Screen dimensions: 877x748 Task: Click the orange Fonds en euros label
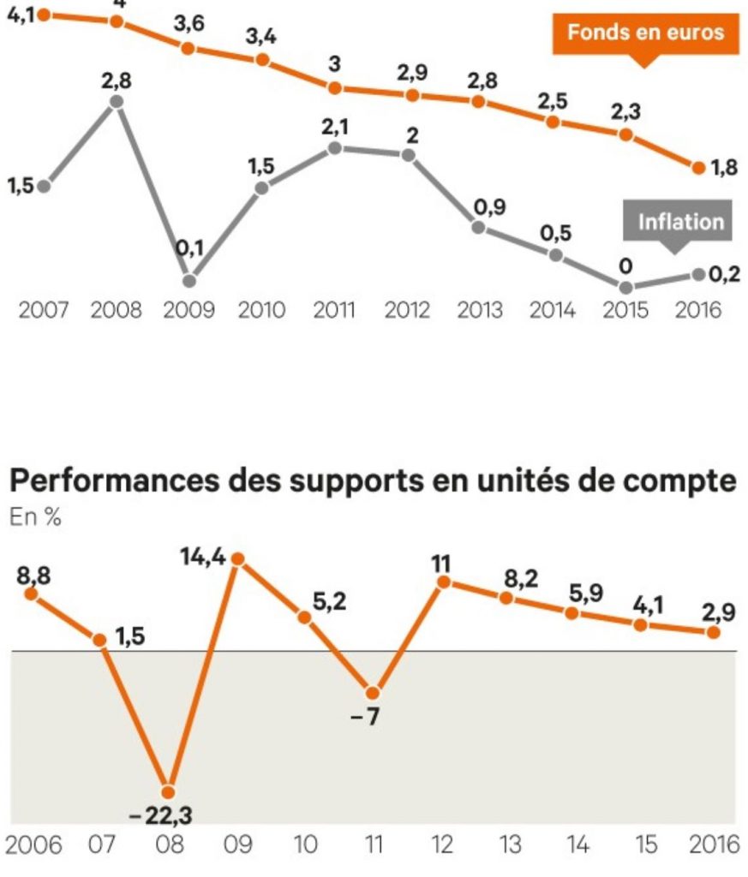click(x=645, y=33)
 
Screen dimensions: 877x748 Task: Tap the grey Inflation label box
click(x=680, y=223)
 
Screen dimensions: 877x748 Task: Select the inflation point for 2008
click(x=117, y=102)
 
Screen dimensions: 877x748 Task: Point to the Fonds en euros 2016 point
click(x=699, y=167)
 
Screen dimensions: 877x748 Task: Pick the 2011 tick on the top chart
click(x=334, y=309)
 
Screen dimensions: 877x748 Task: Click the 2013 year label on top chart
click(x=480, y=309)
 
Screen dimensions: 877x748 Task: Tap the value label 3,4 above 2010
click(x=262, y=37)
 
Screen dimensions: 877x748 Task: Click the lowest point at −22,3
click(x=169, y=791)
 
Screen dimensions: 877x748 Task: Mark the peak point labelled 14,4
click(x=239, y=559)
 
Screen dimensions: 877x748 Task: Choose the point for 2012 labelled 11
click(x=443, y=582)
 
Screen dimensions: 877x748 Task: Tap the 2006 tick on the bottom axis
click(x=33, y=845)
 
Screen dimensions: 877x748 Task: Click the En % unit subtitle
click(x=35, y=517)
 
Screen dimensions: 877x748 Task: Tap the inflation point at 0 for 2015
click(x=625, y=287)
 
